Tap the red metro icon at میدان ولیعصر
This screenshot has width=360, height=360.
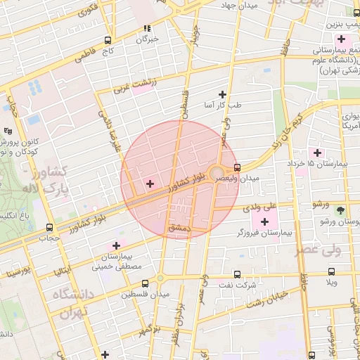[x=237, y=167]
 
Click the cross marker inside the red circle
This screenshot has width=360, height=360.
[x=150, y=184]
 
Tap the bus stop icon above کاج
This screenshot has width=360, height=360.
[x=107, y=40]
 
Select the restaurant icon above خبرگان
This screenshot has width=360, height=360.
[x=147, y=29]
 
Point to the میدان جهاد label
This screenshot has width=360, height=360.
[x=239, y=6]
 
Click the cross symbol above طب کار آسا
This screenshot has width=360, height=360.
[x=222, y=94]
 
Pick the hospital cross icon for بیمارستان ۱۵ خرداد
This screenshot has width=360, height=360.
[x=317, y=152]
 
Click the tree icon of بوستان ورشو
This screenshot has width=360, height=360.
[x=342, y=210]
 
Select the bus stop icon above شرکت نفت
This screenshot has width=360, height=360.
[x=236, y=274]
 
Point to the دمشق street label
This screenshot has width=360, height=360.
[x=179, y=229]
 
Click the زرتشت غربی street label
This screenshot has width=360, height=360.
[x=145, y=89]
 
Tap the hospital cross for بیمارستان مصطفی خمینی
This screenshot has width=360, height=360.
[x=116, y=245]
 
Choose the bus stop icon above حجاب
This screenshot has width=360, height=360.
[x=49, y=227]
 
